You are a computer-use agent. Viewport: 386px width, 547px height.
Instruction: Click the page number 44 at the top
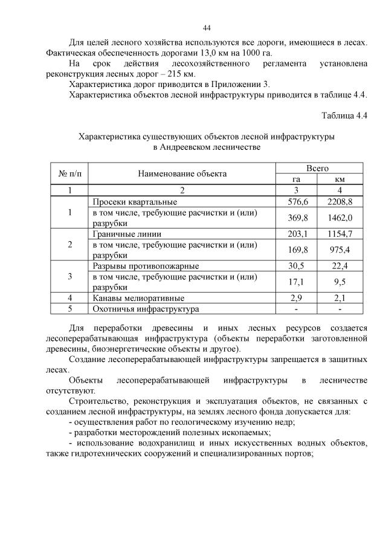coord(207,28)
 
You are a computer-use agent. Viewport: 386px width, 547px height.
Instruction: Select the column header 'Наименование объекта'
coord(182,173)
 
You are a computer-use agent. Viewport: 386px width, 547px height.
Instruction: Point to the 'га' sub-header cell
coord(296,180)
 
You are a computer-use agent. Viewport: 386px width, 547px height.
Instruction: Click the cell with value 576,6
coord(296,201)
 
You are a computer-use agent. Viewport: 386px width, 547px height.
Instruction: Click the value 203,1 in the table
coord(296,234)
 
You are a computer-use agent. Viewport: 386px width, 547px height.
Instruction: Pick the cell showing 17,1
coord(296,282)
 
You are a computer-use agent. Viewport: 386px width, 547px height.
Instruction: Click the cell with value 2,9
coord(296,299)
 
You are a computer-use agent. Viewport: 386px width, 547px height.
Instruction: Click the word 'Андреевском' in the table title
coord(190,147)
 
